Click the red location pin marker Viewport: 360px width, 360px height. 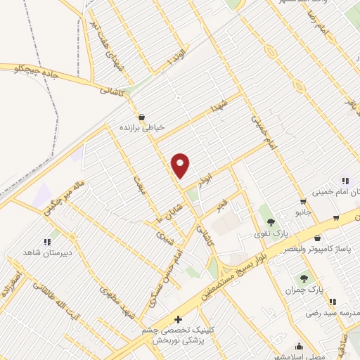pos(181,165)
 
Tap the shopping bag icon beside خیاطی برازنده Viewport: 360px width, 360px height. pos(143,117)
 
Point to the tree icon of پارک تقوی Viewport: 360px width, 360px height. pos(265,211)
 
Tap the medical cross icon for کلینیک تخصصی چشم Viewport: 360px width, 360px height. pos(179,320)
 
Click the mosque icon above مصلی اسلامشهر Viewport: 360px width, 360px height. pos(299,346)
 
